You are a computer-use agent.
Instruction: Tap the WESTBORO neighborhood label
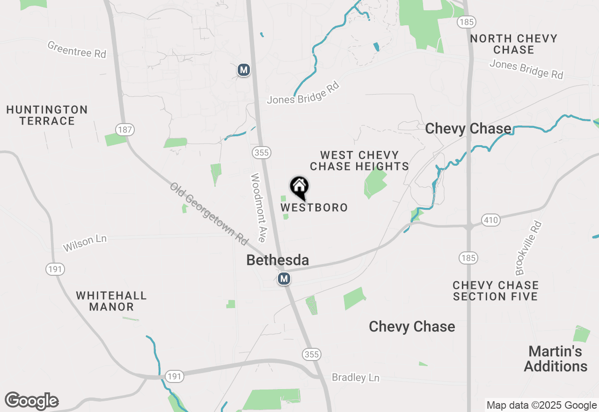314,207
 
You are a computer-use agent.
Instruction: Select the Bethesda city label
278,260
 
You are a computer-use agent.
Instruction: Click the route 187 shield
125,130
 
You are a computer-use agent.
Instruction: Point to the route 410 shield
491,220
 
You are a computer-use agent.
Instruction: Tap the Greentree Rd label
77,49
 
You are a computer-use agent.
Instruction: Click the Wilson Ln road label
85,243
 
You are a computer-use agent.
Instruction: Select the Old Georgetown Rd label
208,213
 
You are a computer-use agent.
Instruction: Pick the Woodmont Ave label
258,208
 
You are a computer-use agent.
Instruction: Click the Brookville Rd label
528,248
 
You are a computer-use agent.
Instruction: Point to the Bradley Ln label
355,377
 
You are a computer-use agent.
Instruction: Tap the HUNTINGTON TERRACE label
47,115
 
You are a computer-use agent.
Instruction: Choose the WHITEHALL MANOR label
111,301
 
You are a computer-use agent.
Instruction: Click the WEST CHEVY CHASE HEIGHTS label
359,161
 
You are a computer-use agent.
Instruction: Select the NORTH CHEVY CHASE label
513,44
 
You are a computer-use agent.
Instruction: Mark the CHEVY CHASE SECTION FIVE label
496,291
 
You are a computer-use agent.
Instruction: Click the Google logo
32,401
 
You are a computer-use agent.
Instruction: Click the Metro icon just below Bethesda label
284,279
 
